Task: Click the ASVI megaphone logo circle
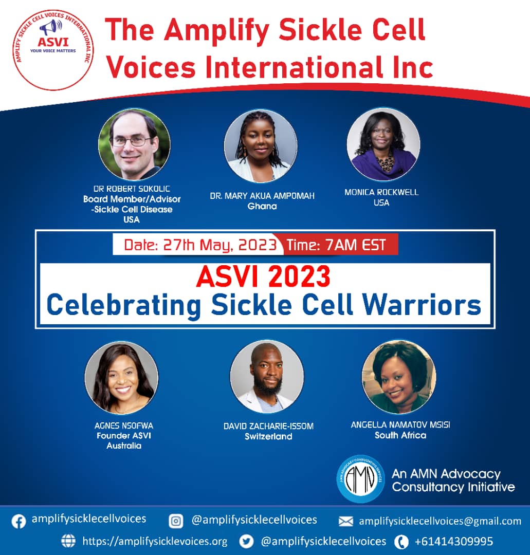53,50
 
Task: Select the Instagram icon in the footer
176,521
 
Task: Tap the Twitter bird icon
247,542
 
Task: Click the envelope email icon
345,522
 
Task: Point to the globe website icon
68,541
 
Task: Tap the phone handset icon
401,542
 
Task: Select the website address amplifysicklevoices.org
155,542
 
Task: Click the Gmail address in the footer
440,521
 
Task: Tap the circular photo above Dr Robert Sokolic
134,144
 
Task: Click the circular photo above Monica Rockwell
383,144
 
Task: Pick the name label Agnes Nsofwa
124,426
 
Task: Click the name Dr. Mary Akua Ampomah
262,196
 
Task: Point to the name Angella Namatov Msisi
400,425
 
